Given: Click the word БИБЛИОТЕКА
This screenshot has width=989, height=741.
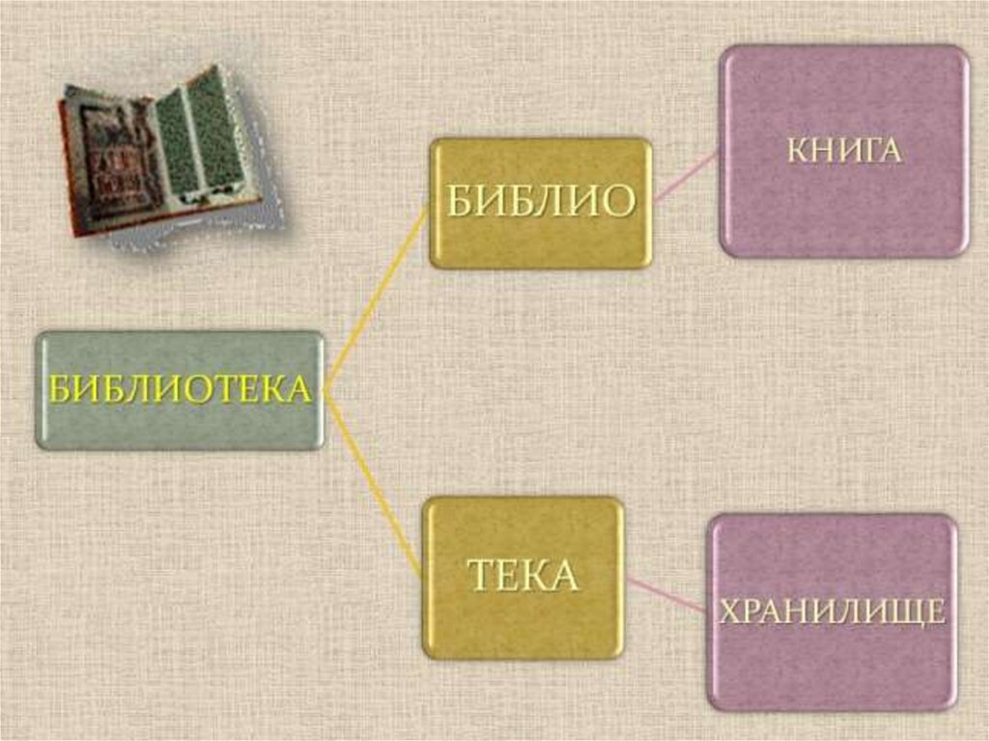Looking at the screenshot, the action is (181, 390).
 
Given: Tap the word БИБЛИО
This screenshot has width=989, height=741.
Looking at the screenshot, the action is (541, 201).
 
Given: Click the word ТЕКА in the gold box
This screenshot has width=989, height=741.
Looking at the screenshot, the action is (523, 576).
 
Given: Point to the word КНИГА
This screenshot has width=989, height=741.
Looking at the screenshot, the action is (843, 152).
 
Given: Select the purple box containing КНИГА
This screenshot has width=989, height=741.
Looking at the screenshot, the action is (843, 213).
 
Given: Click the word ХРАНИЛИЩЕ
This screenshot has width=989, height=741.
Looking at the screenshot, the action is (832, 612).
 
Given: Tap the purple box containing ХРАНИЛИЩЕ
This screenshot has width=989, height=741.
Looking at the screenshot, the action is (832, 667).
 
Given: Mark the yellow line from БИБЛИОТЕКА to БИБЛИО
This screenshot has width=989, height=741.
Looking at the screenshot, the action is (377, 299).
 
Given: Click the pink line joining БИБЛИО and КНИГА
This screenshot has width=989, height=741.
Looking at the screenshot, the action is (686, 177).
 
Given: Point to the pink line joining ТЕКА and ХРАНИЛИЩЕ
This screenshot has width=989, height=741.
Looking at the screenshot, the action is (666, 594).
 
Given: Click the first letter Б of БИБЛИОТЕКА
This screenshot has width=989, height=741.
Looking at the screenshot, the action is (60, 391).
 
